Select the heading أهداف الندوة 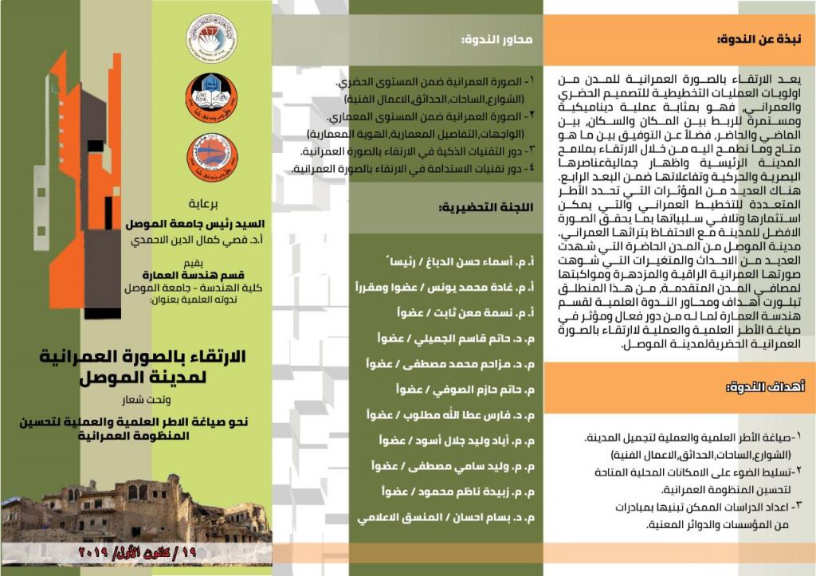768,388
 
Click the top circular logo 211,36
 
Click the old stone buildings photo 135,510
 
